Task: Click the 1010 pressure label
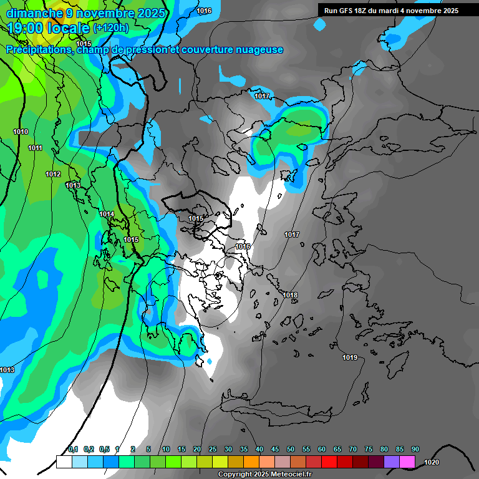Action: pyautogui.click(x=21, y=132)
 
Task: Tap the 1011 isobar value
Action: pyautogui.click(x=35, y=148)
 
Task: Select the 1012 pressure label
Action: pyautogui.click(x=53, y=174)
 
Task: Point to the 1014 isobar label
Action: pyautogui.click(x=107, y=214)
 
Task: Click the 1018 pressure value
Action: pyautogui.click(x=290, y=295)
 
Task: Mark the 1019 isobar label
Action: pyautogui.click(x=350, y=357)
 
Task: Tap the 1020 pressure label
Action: pyautogui.click(x=431, y=462)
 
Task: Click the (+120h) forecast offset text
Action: pyautogui.click(x=111, y=27)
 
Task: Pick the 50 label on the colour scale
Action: pyautogui.click(x=291, y=449)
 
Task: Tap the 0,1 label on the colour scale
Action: pyautogui.click(x=72, y=449)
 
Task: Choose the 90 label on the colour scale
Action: pyautogui.click(x=415, y=449)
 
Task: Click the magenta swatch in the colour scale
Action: pyautogui.click(x=407, y=462)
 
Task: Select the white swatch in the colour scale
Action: pyautogui.click(x=64, y=462)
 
